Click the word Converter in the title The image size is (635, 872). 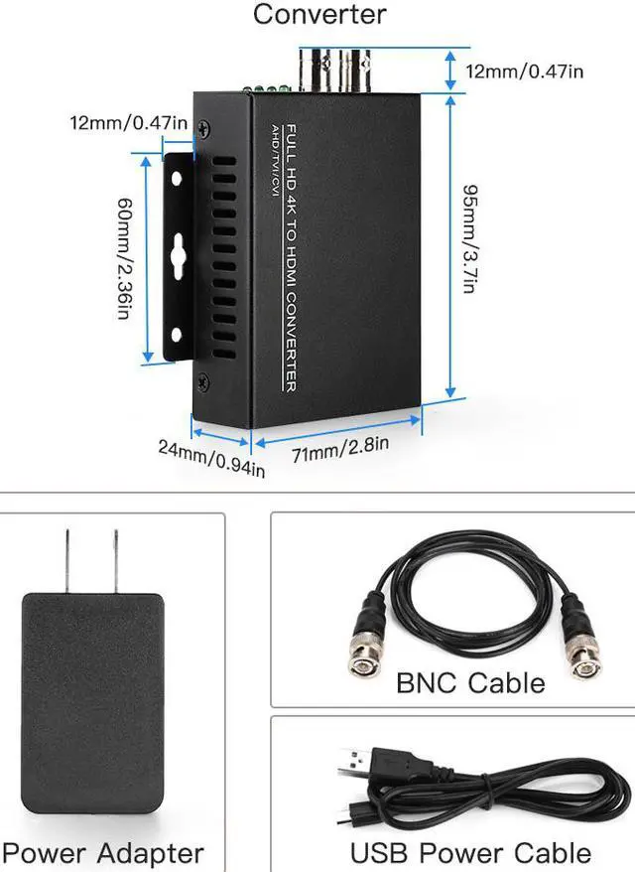[319, 14]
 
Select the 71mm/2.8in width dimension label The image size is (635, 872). [338, 450]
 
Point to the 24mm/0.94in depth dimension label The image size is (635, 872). [211, 459]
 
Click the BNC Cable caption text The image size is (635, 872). [470, 683]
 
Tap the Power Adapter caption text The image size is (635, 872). [104, 852]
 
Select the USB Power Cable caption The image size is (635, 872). [470, 852]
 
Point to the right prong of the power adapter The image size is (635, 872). [116, 561]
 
